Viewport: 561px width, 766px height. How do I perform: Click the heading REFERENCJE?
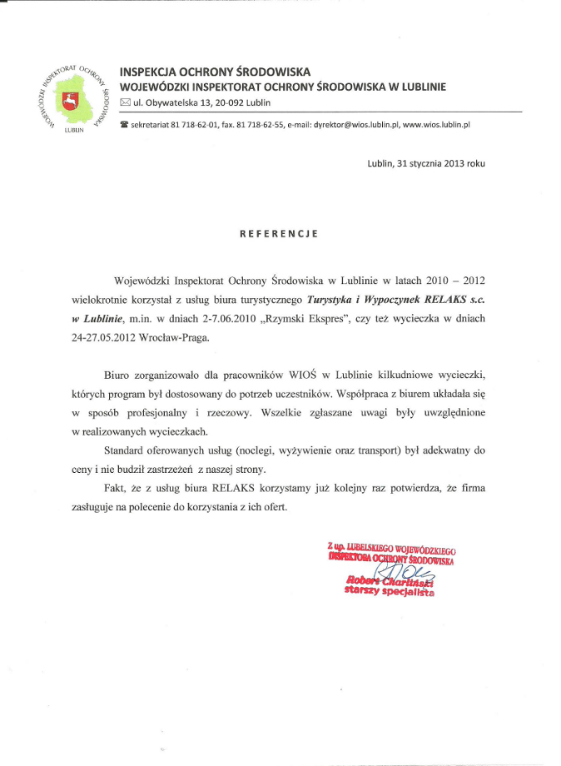(279, 234)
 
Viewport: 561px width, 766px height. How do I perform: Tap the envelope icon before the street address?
(126, 102)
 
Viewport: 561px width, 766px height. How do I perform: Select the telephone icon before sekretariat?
(125, 124)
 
